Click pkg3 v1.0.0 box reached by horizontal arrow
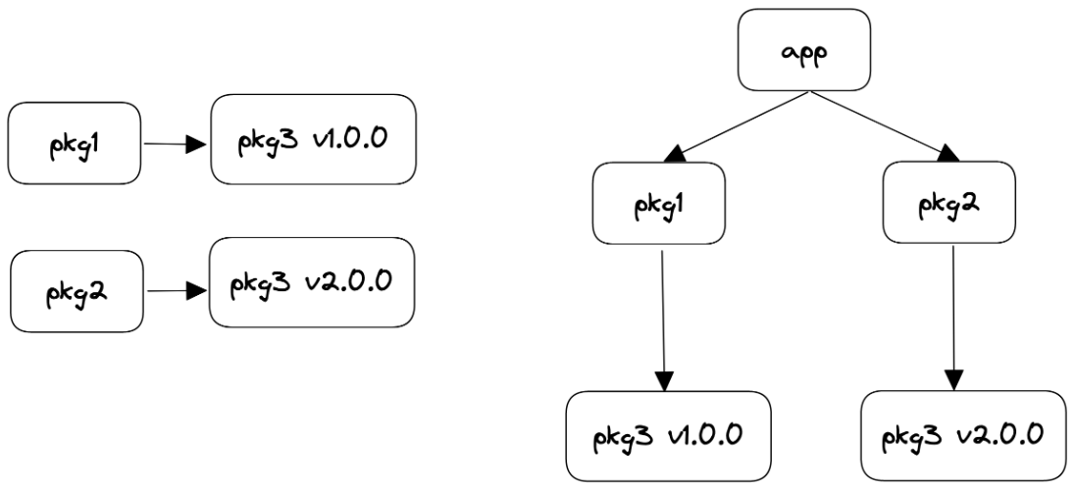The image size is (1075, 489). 312,139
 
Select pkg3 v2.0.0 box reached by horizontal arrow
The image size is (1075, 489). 312,282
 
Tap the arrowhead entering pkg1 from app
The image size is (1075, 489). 676,154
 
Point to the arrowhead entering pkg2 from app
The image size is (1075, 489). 947,154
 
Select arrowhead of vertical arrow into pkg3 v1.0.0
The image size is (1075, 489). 666,380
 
